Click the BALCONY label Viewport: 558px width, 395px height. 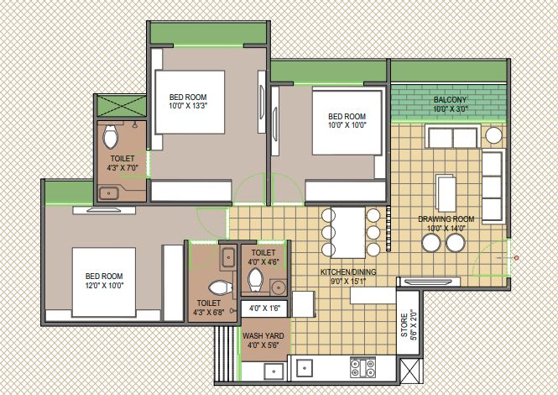pos(450,99)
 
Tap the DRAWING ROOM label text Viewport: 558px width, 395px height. pos(446,219)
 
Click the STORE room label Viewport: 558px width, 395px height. pos(404,325)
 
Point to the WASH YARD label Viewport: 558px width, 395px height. pos(263,336)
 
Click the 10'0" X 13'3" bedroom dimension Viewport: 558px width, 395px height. pos(188,106)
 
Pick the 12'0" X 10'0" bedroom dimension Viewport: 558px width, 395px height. pos(104,285)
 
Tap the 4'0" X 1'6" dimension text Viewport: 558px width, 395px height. pos(264,308)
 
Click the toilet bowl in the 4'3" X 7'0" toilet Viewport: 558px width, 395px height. pos(110,136)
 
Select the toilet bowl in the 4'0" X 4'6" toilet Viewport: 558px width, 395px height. pos(255,279)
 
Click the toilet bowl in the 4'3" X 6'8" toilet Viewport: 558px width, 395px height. pos(220,287)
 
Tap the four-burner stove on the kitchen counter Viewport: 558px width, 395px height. pos(362,367)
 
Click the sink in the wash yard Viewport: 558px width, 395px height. pos(274,371)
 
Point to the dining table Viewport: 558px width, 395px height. pos(347,232)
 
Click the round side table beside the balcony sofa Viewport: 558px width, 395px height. pos(493,135)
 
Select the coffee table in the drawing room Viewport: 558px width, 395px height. pos(446,192)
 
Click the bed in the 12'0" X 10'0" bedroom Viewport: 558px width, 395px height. pos(103,282)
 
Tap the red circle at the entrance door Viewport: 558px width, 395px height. pos(516,258)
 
